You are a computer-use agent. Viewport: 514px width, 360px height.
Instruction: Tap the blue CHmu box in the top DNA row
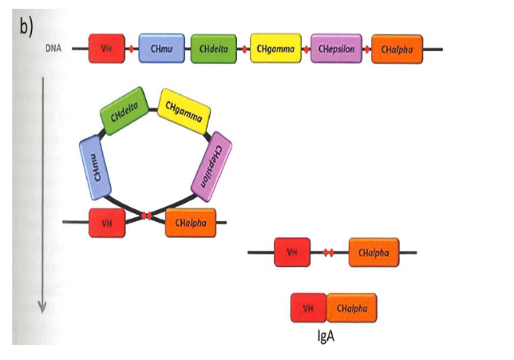[x=162, y=49]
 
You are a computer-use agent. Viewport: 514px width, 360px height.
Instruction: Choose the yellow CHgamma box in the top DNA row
[x=274, y=49]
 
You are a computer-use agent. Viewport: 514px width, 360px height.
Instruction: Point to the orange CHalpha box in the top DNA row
[x=397, y=49]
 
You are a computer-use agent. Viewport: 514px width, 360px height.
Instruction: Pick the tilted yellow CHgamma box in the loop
[x=184, y=109]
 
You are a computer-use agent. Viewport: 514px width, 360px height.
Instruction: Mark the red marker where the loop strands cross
[x=146, y=216]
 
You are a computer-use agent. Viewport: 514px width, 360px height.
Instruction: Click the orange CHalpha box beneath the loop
[x=191, y=223]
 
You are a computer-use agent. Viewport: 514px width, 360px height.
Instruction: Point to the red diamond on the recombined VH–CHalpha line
[x=326, y=253]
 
